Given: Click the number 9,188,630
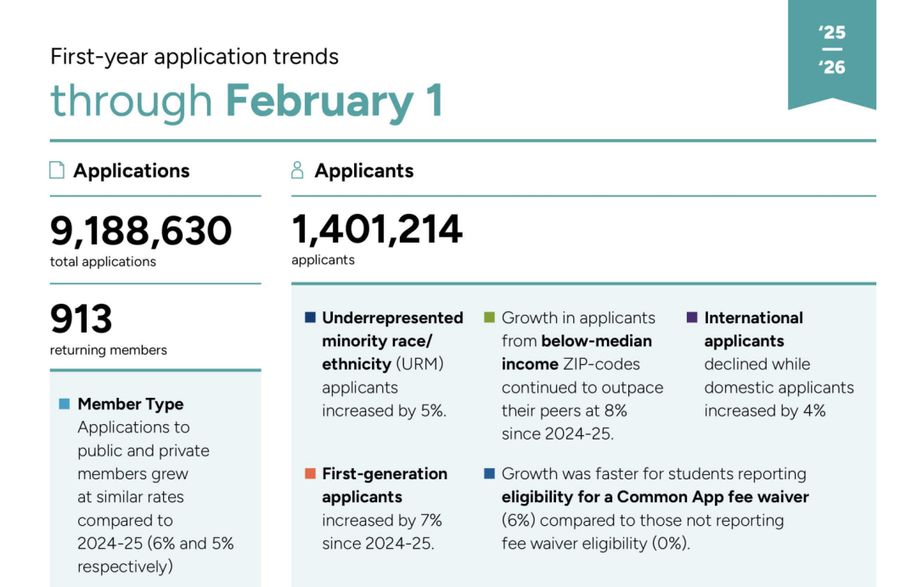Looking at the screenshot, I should [x=141, y=231].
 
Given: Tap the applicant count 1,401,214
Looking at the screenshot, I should [x=377, y=229].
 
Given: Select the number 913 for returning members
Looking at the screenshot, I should [x=82, y=320].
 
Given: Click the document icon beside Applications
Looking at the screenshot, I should [x=57, y=171].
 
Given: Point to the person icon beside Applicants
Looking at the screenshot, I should [x=297, y=171].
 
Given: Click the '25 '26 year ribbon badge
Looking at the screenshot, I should [x=832, y=51].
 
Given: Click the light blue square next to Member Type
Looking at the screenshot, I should [x=65, y=405].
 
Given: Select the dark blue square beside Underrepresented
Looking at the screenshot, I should [x=310, y=318].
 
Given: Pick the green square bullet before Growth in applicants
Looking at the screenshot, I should [x=489, y=318].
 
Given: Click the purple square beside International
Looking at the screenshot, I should [x=691, y=318].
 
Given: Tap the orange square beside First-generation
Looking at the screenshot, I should [x=310, y=473].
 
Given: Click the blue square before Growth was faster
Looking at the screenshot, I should [x=489, y=473].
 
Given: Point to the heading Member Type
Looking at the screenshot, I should [x=130, y=404].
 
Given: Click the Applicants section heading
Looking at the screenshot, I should [x=363, y=171].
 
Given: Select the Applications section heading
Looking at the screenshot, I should [x=131, y=171].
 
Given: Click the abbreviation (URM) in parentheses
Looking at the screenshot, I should [x=419, y=364].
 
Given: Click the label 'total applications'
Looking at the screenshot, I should [x=103, y=261].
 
